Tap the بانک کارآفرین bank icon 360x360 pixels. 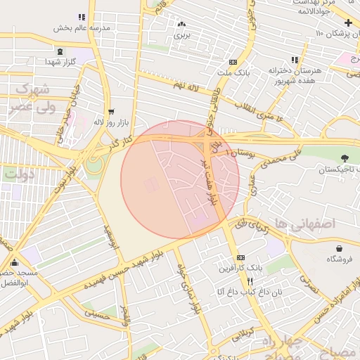(x=241, y=259)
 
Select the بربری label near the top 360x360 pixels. (x=182, y=33)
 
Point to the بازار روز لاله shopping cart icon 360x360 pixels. (x=111, y=112)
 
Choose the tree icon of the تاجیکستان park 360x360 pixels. (x=345, y=159)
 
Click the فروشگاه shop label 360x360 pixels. (x=340, y=259)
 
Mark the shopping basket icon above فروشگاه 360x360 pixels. (x=340, y=248)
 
